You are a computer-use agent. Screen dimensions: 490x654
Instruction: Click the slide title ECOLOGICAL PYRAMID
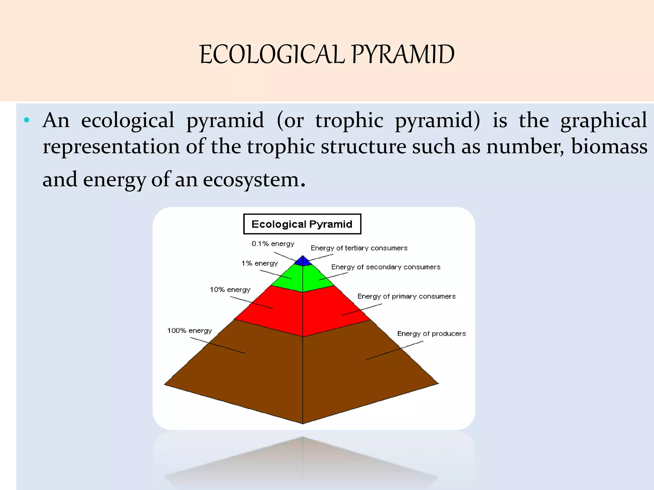(327, 54)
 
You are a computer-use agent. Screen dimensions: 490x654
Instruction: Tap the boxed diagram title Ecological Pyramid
(302, 224)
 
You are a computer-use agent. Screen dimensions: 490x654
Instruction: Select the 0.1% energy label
(273, 244)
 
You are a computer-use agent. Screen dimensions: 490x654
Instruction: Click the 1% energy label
(259, 264)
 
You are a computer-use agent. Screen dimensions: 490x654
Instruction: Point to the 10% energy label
(230, 290)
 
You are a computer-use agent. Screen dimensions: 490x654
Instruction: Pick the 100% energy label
(189, 330)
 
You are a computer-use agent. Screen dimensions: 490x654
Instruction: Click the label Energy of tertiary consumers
(359, 248)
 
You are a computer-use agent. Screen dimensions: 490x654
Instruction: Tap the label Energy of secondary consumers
(386, 267)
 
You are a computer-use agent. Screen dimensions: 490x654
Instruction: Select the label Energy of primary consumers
(406, 296)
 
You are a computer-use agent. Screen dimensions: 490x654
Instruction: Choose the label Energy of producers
(431, 334)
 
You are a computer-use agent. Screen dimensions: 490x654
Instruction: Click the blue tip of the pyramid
(303, 261)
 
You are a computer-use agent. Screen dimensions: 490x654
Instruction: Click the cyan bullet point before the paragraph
(27, 121)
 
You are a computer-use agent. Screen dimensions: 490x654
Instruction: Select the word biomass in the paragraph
(609, 147)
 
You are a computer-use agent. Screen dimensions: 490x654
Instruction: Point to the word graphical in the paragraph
(604, 121)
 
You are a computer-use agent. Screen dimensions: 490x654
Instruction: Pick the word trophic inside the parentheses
(349, 121)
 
